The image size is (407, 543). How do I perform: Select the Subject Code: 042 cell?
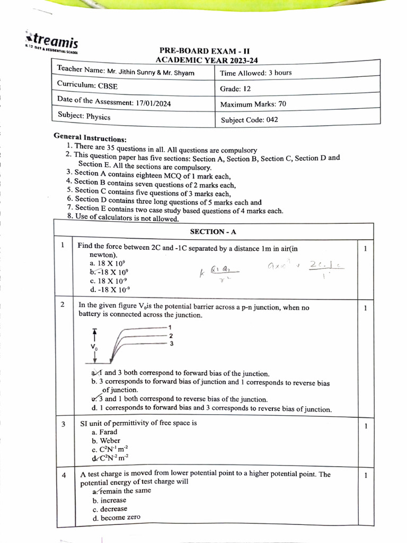tap(249, 120)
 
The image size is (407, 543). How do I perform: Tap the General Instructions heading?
tap(90, 137)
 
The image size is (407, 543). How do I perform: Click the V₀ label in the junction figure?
tap(94, 347)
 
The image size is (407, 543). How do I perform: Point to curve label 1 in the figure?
tap(170, 328)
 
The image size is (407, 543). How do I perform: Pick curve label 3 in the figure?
tap(171, 344)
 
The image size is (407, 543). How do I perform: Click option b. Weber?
tap(106, 441)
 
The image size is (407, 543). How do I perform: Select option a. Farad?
tap(104, 432)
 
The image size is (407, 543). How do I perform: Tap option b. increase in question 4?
tap(110, 500)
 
